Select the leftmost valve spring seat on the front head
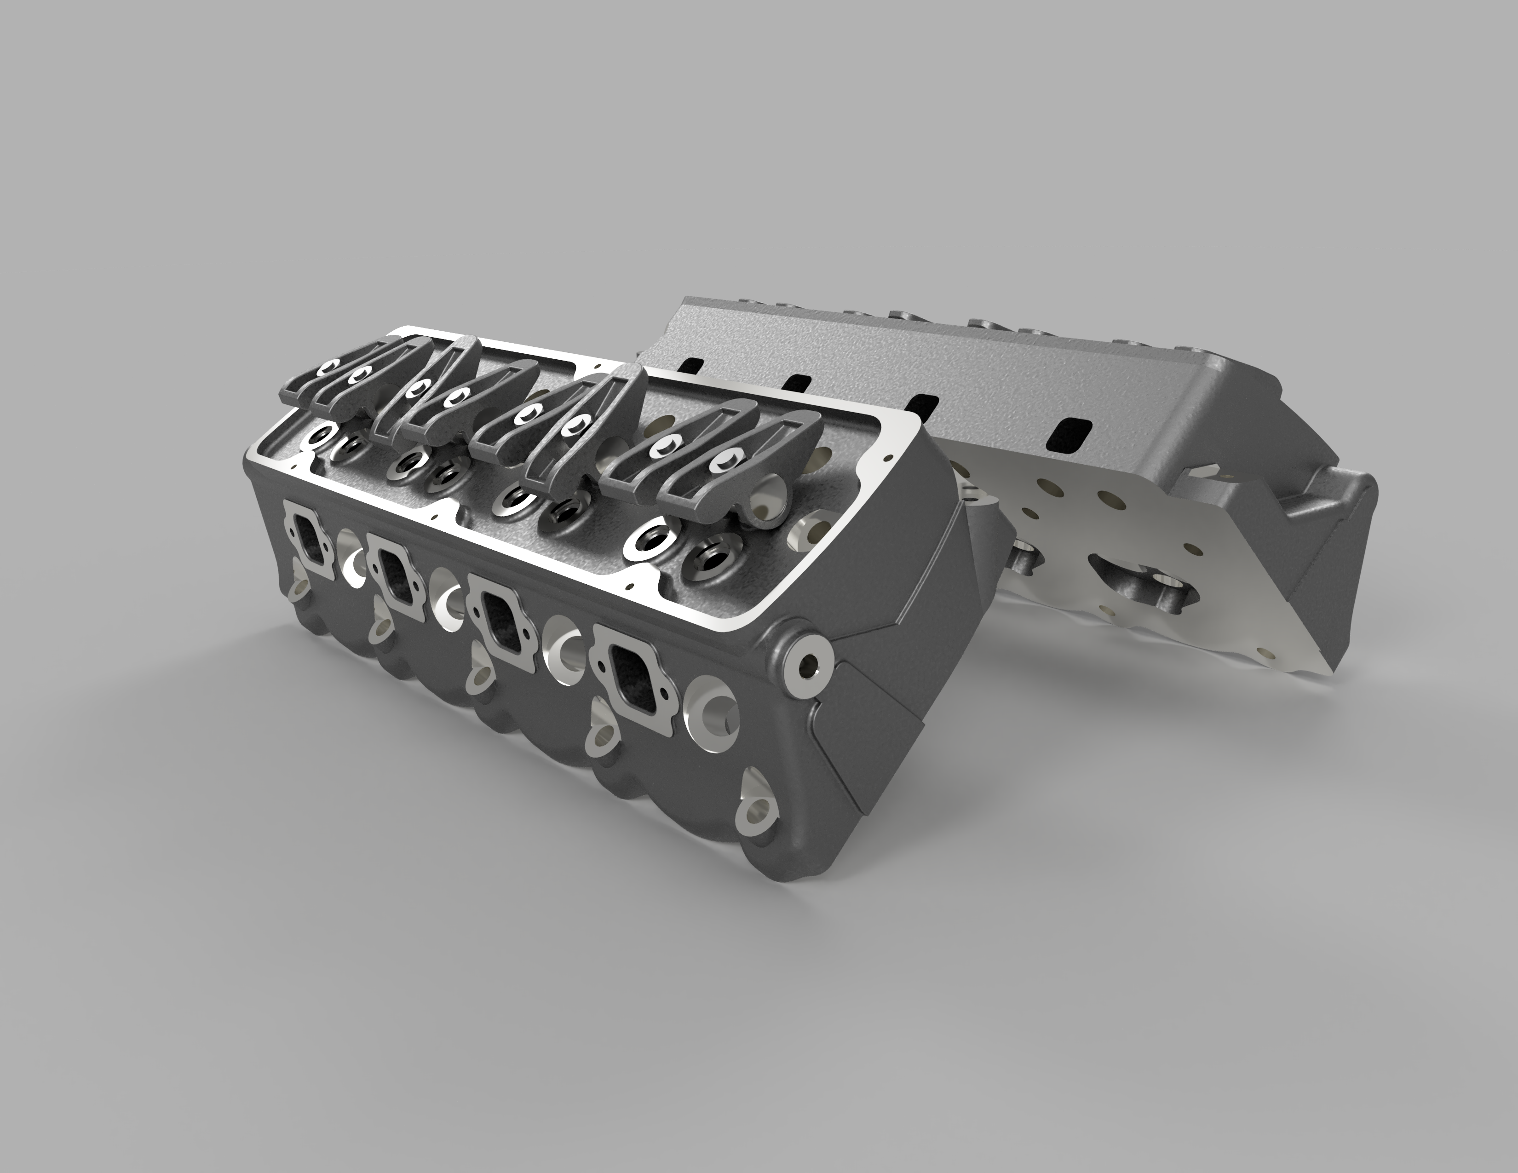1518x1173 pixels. (x=321, y=437)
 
